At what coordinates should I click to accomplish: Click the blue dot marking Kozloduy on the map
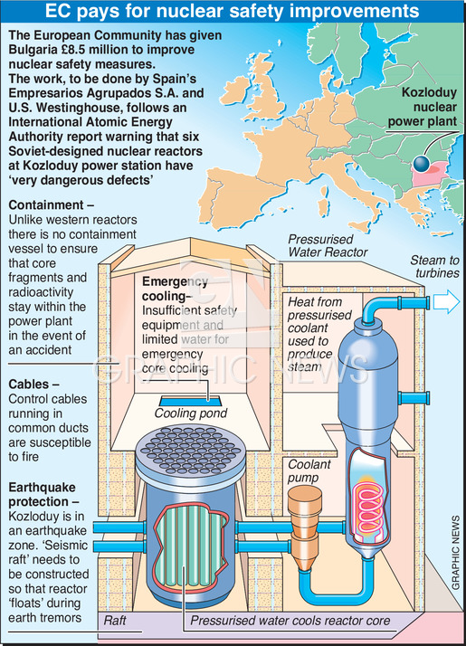click(x=421, y=164)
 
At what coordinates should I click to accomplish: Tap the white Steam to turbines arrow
click(x=446, y=302)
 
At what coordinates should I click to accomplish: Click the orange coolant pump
click(x=305, y=527)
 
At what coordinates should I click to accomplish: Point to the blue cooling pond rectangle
click(x=190, y=401)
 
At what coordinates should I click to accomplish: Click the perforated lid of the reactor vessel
click(x=190, y=453)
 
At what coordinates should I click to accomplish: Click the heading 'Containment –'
click(x=51, y=204)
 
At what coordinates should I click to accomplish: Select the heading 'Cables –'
click(x=33, y=384)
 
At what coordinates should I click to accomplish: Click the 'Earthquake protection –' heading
click(x=43, y=494)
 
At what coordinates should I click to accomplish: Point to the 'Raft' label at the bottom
click(x=115, y=620)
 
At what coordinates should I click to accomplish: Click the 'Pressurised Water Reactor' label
click(x=328, y=245)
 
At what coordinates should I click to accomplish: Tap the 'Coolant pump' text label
click(x=309, y=470)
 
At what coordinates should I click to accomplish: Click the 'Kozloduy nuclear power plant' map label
click(x=423, y=107)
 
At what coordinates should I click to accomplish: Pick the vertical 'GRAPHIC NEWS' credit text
click(x=455, y=552)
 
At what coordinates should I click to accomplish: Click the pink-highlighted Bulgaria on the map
click(x=432, y=173)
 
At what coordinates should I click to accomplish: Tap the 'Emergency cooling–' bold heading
click(x=175, y=289)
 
